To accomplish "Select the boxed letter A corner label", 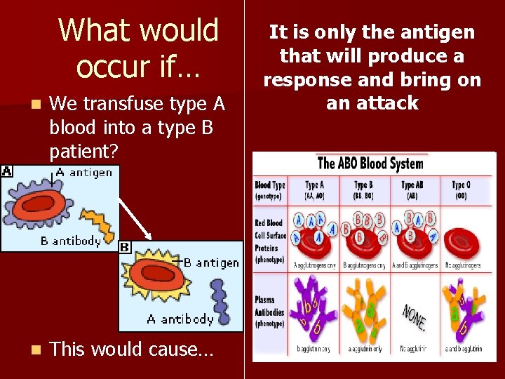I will (x=6, y=171).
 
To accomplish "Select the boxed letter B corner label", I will (x=124, y=247).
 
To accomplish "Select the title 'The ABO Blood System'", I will (x=370, y=164).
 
